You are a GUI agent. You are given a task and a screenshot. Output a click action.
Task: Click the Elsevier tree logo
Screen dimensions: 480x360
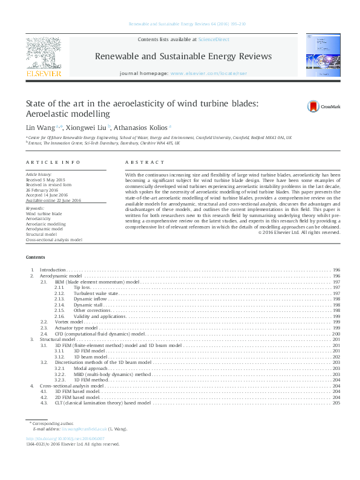pyautogui.click(x=43, y=53)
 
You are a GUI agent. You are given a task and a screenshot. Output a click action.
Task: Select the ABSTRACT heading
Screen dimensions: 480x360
pyautogui.click(x=145, y=163)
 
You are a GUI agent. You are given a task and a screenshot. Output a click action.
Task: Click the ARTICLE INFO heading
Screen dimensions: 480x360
pyautogui.click(x=53, y=163)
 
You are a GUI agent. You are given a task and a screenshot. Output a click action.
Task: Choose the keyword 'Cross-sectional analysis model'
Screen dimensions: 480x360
pyautogui.click(x=54, y=239)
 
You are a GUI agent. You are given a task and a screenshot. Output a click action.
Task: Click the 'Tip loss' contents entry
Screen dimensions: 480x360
pyautogui.click(x=82, y=288)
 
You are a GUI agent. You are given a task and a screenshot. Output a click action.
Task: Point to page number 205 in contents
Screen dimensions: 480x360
pyautogui.click(x=336, y=403)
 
